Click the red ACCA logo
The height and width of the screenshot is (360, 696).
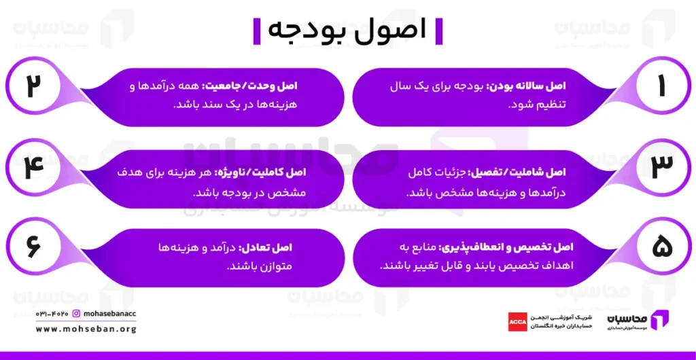coord(517,321)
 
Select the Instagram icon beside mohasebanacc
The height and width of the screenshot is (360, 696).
coord(76,314)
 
